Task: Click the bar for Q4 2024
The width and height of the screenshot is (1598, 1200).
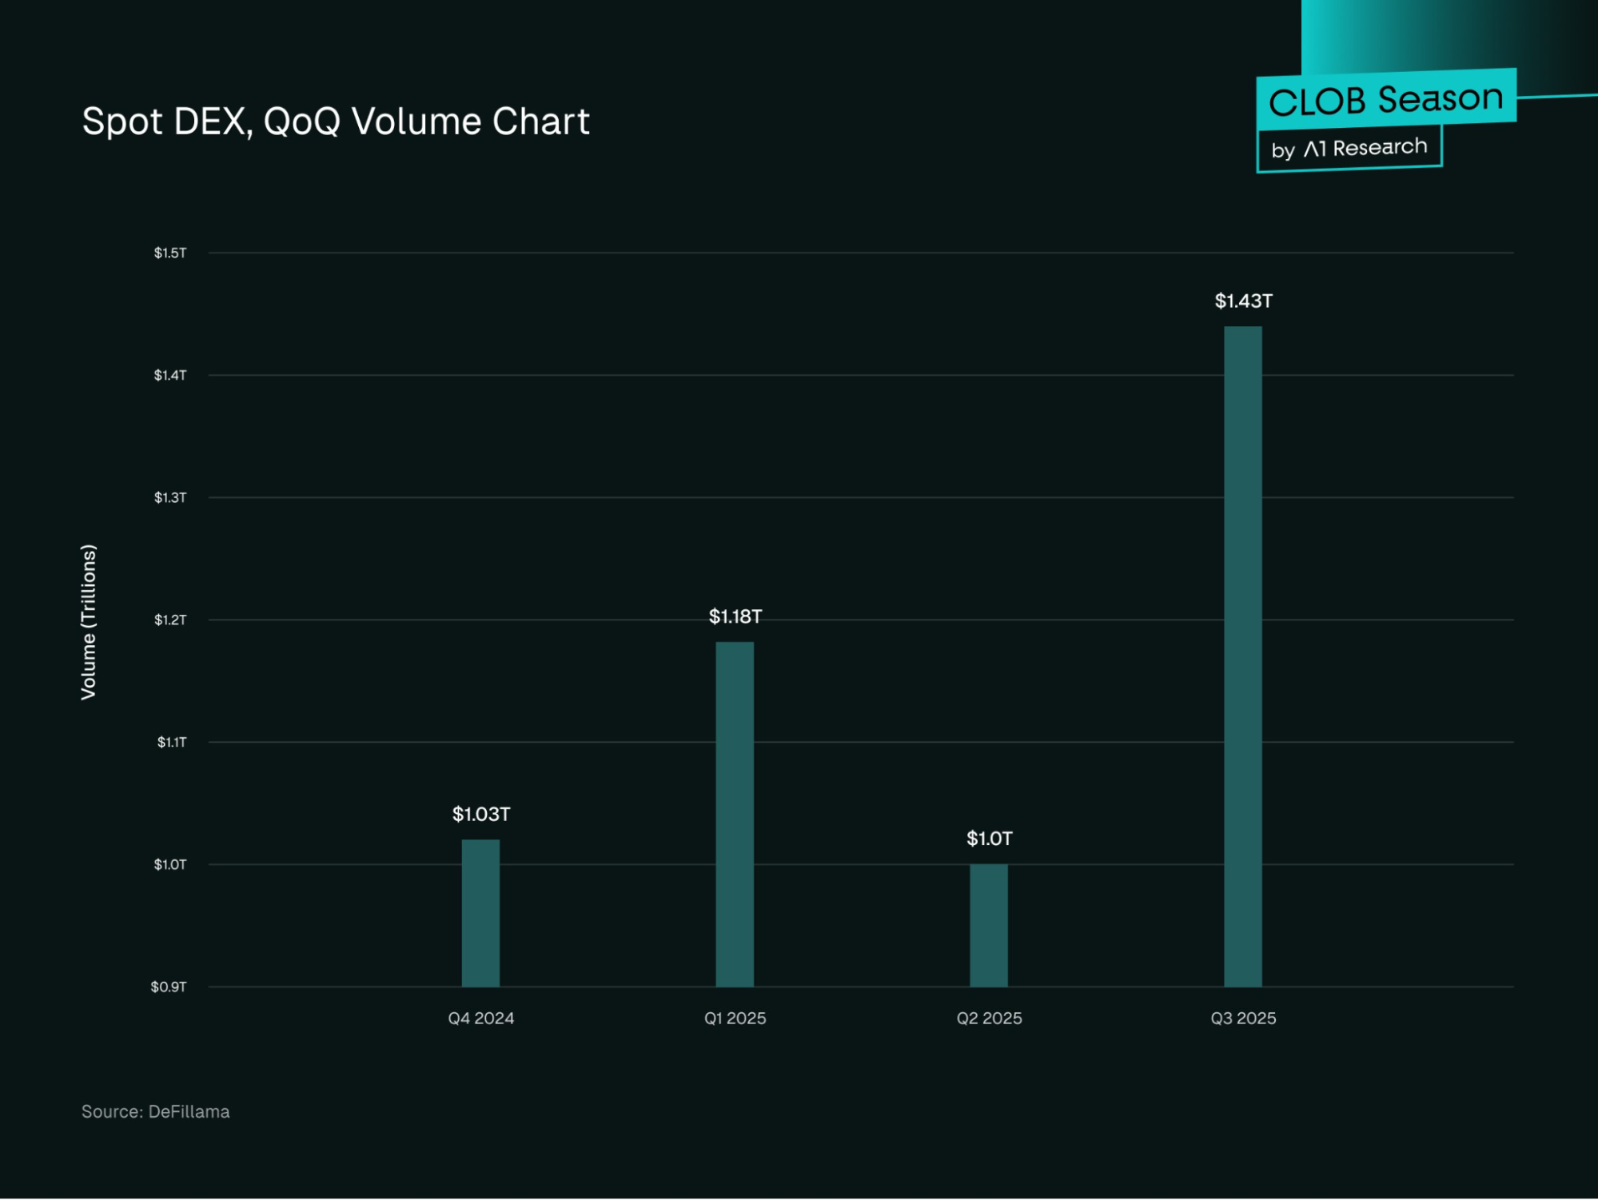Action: point(480,913)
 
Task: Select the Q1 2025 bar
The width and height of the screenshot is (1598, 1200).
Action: point(735,814)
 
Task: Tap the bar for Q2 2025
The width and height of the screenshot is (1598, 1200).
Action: point(989,925)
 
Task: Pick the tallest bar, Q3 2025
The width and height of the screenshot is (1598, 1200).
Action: point(1243,656)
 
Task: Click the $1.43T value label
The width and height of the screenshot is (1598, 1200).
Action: point(1243,301)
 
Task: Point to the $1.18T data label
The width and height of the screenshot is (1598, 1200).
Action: point(735,616)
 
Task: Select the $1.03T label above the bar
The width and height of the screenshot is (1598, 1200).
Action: point(480,814)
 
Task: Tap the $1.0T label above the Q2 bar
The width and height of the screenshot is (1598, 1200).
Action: point(989,839)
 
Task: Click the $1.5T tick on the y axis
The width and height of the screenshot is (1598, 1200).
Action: point(170,253)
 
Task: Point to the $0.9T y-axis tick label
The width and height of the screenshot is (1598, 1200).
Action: point(169,987)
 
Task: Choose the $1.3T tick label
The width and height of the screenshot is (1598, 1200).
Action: point(170,498)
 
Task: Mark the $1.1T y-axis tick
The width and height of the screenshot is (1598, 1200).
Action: point(171,743)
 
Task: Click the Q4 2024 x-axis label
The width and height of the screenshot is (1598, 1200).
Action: point(480,1019)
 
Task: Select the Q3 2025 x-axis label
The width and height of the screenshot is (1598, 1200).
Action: point(1243,1019)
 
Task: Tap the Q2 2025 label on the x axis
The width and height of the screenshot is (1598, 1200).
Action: point(989,1019)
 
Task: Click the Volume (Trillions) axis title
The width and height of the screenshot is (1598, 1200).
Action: point(89,621)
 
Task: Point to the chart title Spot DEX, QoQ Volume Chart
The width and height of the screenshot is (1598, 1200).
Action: point(336,122)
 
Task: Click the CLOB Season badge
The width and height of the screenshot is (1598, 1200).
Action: point(1385,100)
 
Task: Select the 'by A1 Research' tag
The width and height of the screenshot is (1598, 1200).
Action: point(1349,148)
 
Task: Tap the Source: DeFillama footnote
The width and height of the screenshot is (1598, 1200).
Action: point(156,1112)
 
